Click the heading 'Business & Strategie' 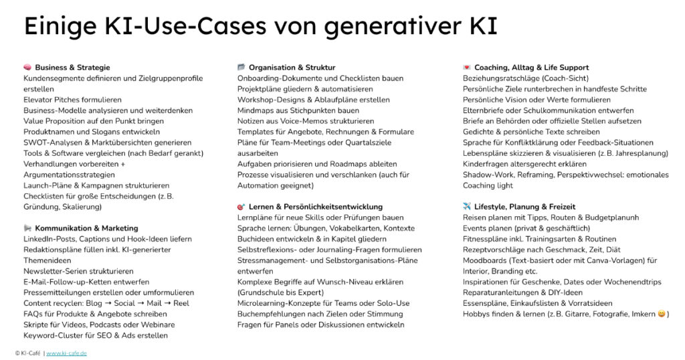point(72,68)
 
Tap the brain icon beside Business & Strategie point(27,68)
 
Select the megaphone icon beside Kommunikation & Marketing point(27,228)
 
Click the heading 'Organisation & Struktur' point(292,68)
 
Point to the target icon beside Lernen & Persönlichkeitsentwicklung point(241,207)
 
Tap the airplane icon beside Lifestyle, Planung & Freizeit point(467,207)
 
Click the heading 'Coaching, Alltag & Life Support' point(531,68)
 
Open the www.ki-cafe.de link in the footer point(66,353)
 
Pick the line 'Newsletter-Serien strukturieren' point(78,271)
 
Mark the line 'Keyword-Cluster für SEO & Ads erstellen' point(96,335)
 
